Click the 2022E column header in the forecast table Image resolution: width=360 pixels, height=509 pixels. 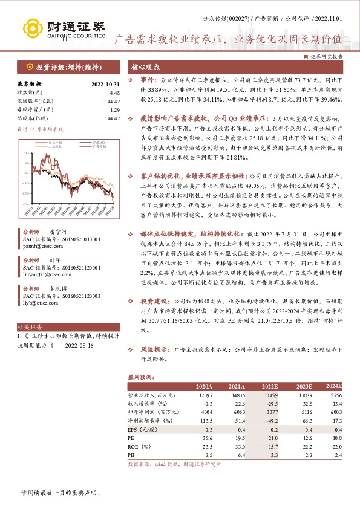[x=269, y=386]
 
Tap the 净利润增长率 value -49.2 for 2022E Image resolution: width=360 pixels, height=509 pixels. [x=269, y=419]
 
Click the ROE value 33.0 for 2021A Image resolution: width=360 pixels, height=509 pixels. [x=238, y=444]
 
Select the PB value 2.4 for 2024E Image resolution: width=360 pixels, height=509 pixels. [x=338, y=453]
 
